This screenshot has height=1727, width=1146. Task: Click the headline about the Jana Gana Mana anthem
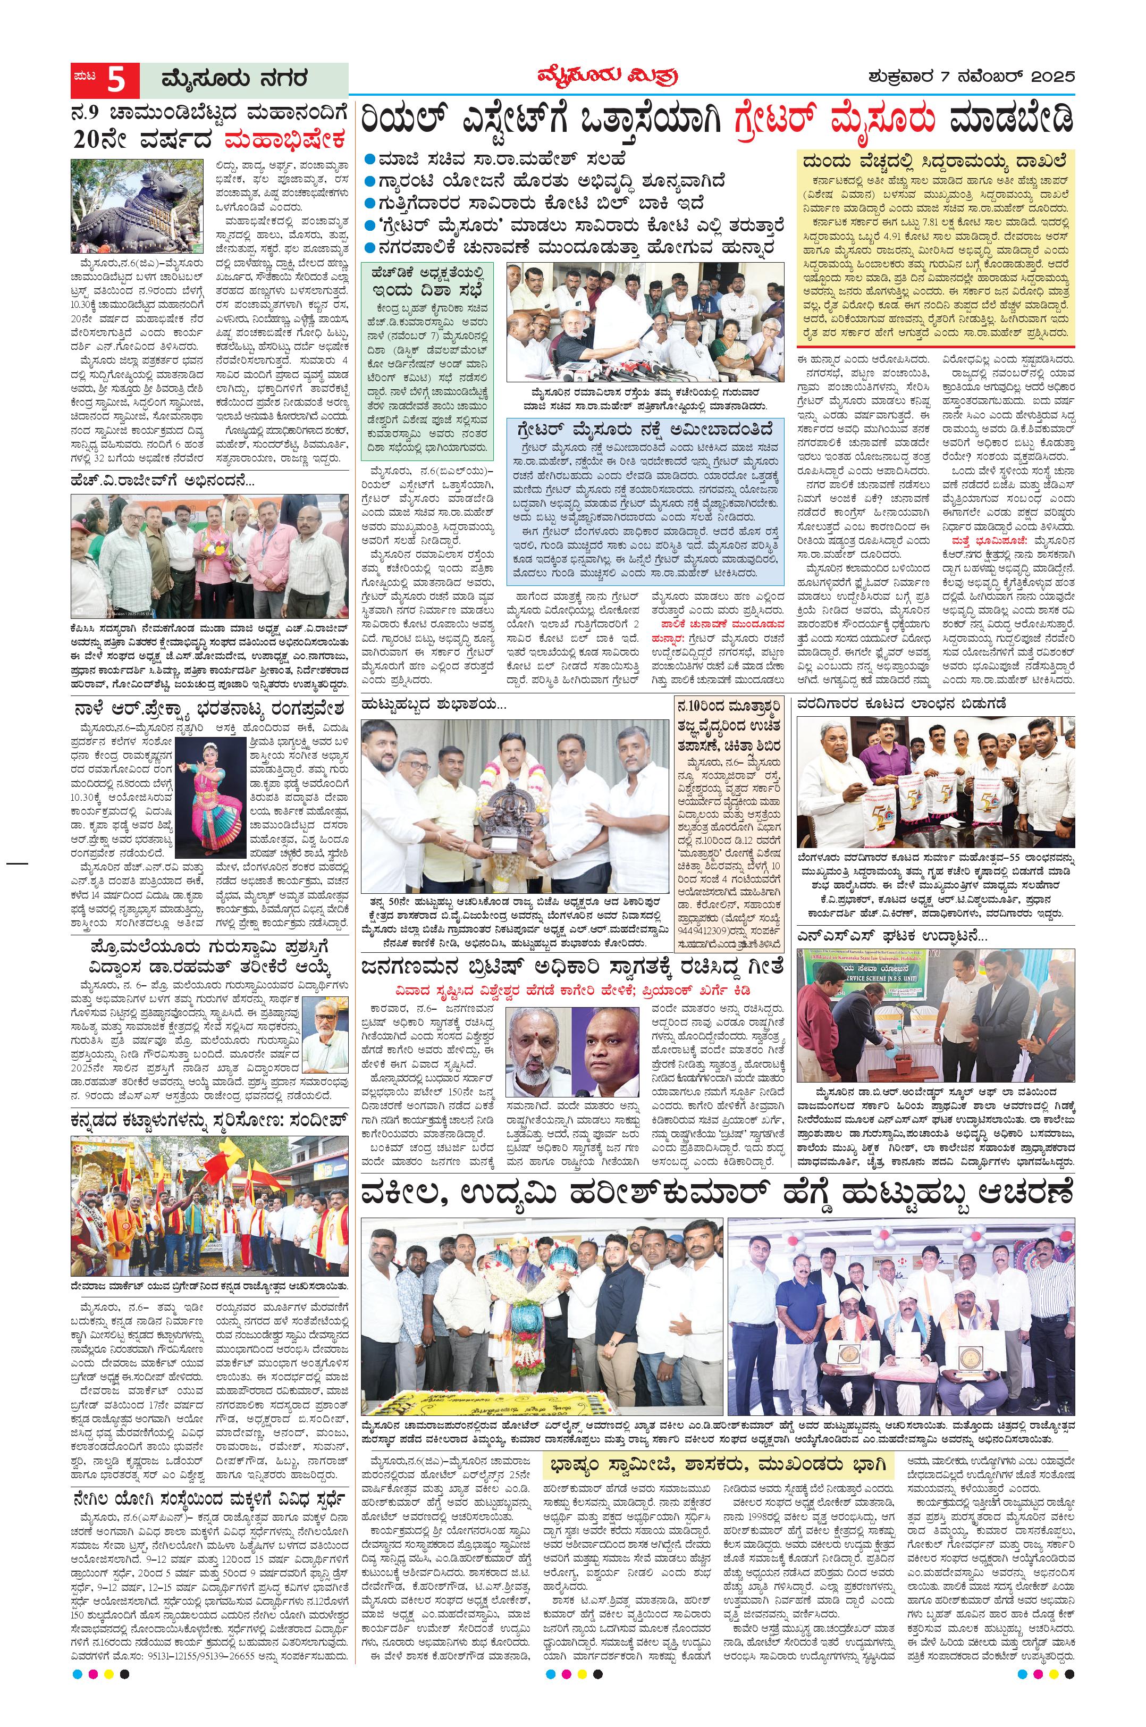(x=571, y=966)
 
